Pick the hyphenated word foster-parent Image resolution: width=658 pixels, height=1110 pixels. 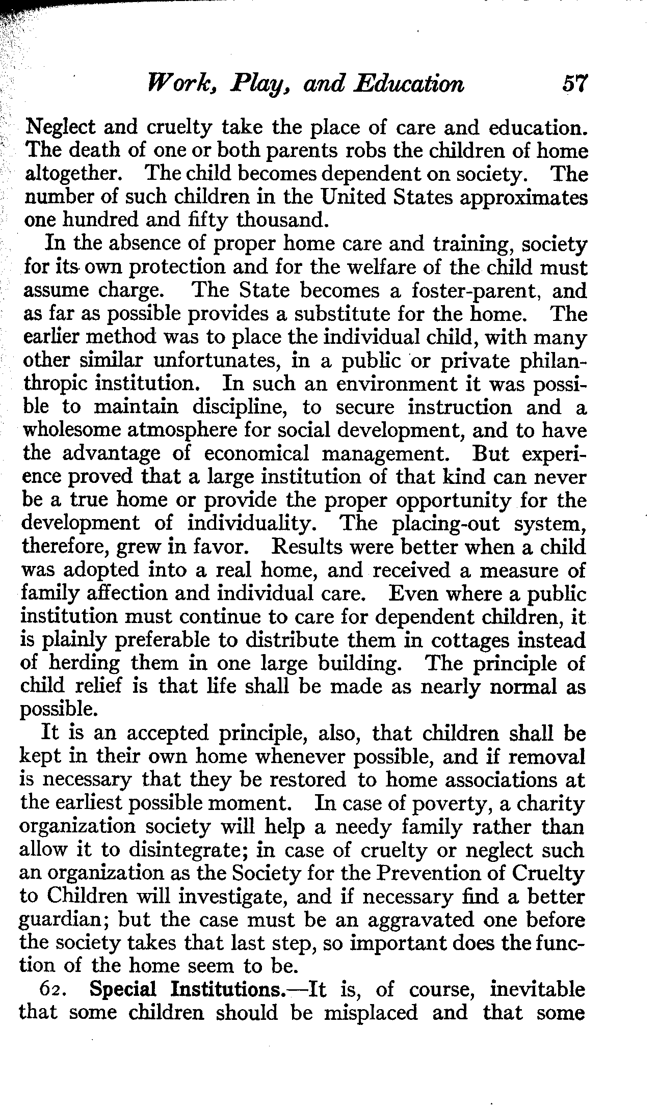coord(476,291)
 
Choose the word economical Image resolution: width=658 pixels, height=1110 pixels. coord(256,454)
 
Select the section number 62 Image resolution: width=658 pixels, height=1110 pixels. coord(51,990)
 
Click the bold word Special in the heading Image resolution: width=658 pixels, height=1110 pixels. coord(122,990)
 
